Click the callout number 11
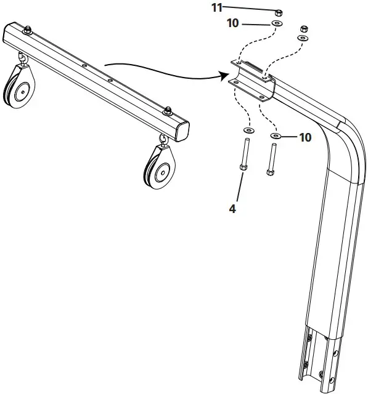click(x=217, y=7)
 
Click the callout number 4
click(x=232, y=209)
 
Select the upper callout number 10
click(x=232, y=23)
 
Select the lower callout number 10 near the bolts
click(x=305, y=137)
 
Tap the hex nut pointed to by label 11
click(x=279, y=12)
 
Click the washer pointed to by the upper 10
click(x=277, y=23)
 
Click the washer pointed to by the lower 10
click(x=276, y=135)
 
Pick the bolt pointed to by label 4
click(x=245, y=155)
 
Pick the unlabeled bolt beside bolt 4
click(x=272, y=159)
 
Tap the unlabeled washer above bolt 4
click(x=249, y=130)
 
